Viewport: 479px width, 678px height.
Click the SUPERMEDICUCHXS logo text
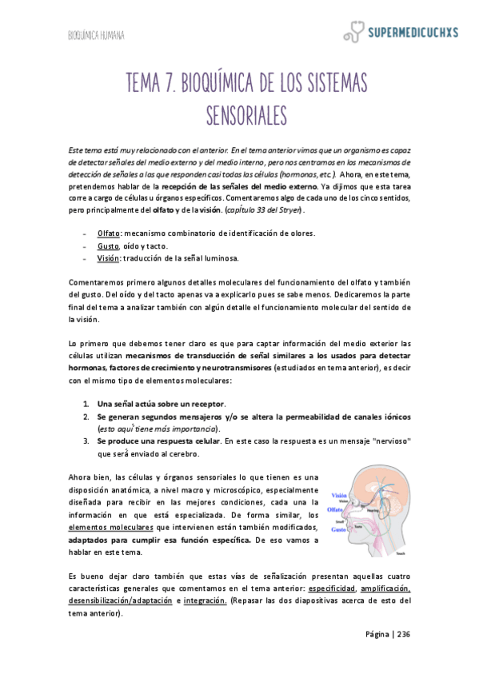(x=413, y=33)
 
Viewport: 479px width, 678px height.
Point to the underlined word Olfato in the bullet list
(x=109, y=233)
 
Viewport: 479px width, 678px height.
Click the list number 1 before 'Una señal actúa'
(x=86, y=403)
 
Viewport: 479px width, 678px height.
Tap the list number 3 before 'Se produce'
(x=86, y=441)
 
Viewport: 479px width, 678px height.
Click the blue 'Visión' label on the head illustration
(x=338, y=495)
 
